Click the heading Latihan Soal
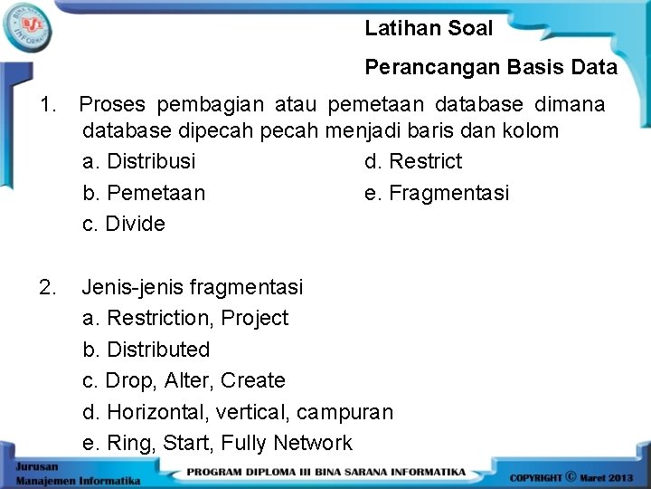(429, 28)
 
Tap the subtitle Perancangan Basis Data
(491, 67)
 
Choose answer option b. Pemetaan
(144, 193)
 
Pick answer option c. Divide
(124, 224)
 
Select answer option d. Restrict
(413, 161)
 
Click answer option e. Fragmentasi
(437, 193)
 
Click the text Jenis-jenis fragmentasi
(193, 287)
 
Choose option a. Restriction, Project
(185, 318)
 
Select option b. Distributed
(146, 350)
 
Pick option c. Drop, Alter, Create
(184, 380)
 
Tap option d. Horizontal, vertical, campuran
(238, 412)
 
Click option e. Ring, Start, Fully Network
(217, 443)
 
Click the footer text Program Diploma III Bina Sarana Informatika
(326, 472)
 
